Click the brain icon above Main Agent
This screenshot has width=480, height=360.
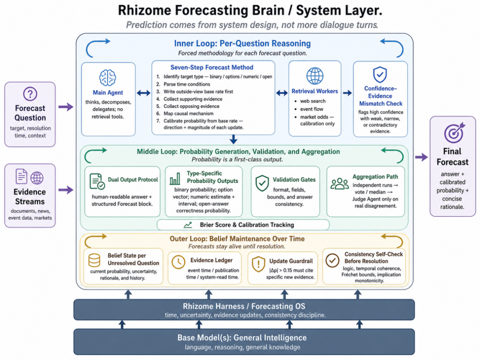tap(108, 77)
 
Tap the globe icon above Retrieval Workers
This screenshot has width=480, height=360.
tap(315, 76)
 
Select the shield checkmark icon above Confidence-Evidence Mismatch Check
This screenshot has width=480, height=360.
tap(380, 75)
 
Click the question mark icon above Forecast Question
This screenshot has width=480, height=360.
tap(30, 94)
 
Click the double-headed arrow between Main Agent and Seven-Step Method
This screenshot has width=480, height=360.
tap(143, 93)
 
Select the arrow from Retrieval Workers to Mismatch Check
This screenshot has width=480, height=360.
tap(348, 93)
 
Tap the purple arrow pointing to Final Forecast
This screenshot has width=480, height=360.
tap(421, 157)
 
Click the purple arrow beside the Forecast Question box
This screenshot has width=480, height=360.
tap(66, 107)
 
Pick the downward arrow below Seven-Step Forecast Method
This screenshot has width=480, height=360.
tap(233, 139)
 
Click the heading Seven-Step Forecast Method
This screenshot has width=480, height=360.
tap(212, 68)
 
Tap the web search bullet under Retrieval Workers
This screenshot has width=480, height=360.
tap(310, 101)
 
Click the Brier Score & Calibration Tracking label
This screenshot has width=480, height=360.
tap(247, 225)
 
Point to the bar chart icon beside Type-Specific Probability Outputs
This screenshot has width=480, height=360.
tap(175, 179)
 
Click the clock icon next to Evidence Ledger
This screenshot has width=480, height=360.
tap(178, 262)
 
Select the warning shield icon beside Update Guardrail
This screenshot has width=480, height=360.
tap(258, 264)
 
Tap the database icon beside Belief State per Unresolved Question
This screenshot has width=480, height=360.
tap(94, 260)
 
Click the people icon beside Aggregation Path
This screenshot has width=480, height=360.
tap(340, 184)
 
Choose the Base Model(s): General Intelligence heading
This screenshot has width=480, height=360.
tap(242, 338)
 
